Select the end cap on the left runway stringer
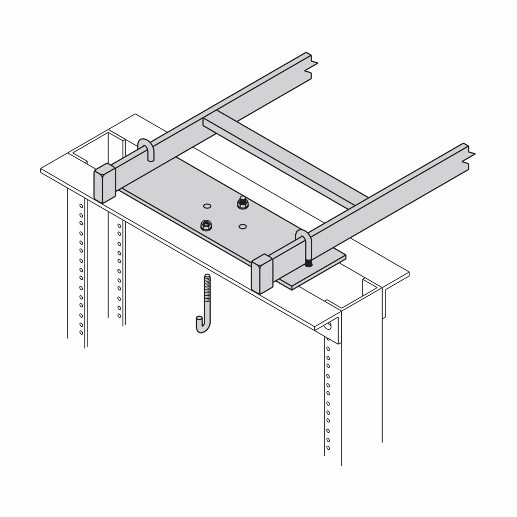pyautogui.click(x=104, y=183)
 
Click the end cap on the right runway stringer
pyautogui.click(x=262, y=274)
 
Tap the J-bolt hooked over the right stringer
pyautogui.click(x=305, y=246)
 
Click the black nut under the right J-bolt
pyautogui.click(x=309, y=263)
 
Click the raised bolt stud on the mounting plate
pyautogui.click(x=241, y=202)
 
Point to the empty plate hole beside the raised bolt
pyautogui.click(x=207, y=206)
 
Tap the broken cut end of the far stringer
pyautogui.click(x=312, y=65)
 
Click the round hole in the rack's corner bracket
pyautogui.click(x=328, y=326)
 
